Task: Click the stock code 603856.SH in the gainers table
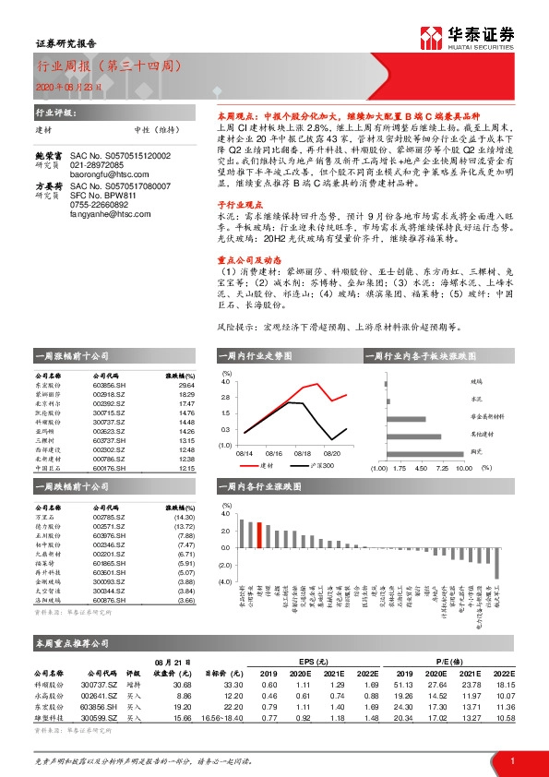point(112,387)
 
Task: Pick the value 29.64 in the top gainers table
point(185,387)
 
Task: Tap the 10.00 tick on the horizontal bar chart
point(464,469)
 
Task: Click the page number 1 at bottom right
point(511,759)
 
